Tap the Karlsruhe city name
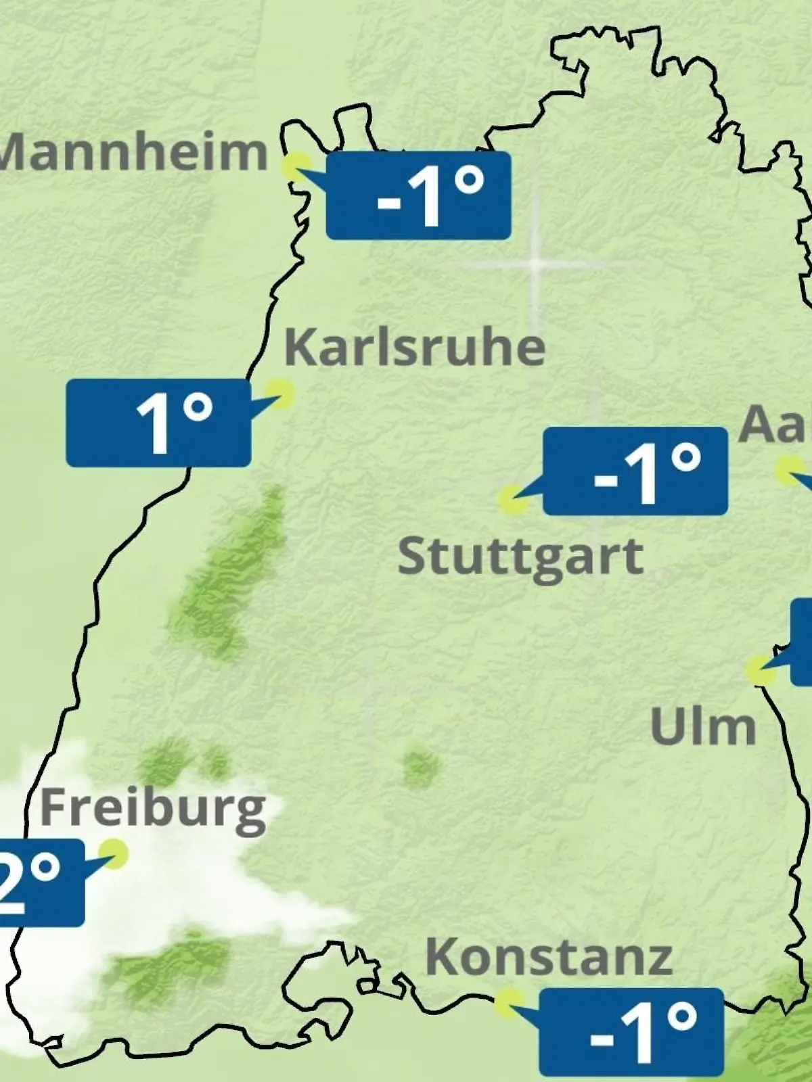[x=414, y=348]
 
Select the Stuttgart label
[x=520, y=557]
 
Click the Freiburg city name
[x=153, y=809]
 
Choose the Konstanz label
[x=549, y=958]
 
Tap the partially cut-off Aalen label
[x=775, y=425]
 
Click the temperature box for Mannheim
[x=418, y=195]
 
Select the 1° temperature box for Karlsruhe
[x=158, y=423]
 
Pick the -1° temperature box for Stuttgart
[x=635, y=471]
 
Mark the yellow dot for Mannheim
[x=296, y=166]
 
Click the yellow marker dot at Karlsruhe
[x=279, y=393]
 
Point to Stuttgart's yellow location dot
[x=512, y=500]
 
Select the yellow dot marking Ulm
[x=760, y=670]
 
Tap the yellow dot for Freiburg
[x=114, y=853]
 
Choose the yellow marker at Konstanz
[x=508, y=1003]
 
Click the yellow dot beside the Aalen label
[x=788, y=471]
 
